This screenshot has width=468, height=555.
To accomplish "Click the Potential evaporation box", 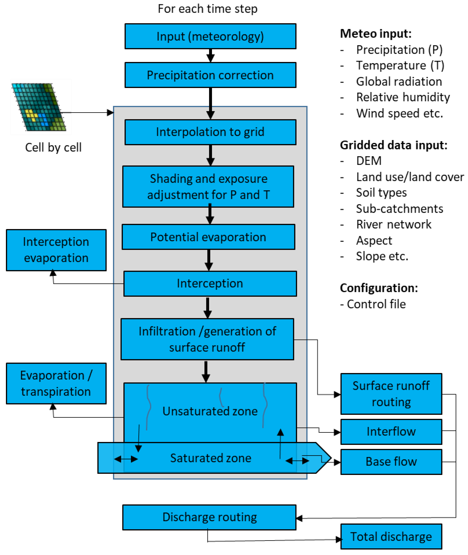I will [x=208, y=237].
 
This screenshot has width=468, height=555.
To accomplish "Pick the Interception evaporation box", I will [x=56, y=250].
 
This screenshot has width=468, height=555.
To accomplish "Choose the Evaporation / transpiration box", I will [x=56, y=383].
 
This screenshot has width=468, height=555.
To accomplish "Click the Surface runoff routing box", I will [x=391, y=394].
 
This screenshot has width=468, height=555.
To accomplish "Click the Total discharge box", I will [x=391, y=537].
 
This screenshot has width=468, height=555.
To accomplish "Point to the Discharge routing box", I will [x=209, y=517].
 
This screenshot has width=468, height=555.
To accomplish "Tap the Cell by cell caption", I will [x=53, y=147].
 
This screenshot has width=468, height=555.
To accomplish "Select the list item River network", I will [x=393, y=224].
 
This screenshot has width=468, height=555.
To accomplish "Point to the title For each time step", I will [x=207, y=9].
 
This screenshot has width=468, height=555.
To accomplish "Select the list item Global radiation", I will [x=399, y=81].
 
